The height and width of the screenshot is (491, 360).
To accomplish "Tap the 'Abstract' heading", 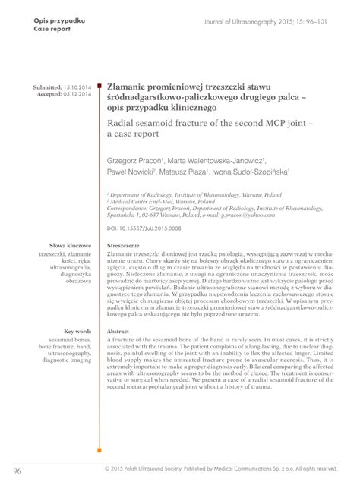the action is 118,332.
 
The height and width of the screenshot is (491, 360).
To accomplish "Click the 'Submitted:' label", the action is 46,88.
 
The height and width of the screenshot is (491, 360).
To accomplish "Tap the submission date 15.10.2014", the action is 77,88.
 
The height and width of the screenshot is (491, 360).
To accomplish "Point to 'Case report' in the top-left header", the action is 52,27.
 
